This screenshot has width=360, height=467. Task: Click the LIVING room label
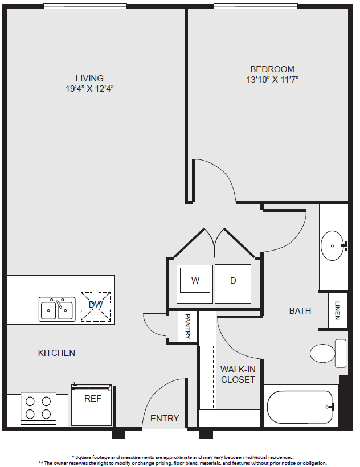coord(89,79)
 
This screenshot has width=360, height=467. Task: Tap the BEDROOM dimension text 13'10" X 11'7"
coord(272,80)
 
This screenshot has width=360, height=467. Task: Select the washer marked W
coord(195,284)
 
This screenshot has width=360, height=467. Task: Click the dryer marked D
coord(233,284)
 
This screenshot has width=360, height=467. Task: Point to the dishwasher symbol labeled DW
coord(96,307)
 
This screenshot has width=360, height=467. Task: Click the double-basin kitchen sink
coord(57,309)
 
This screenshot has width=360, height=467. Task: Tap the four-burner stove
coord(38,408)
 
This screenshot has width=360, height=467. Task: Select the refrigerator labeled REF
coord(92,405)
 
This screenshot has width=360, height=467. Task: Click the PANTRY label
coord(187,326)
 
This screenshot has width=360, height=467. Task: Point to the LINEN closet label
coord(337,310)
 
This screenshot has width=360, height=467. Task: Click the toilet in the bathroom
coord(328,353)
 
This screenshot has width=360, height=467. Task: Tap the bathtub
coord(300,407)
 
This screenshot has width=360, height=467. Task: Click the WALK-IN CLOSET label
coord(238,374)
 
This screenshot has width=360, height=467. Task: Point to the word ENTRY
coord(165,419)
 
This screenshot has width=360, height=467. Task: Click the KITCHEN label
coord(56,353)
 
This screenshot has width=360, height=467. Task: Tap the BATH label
coord(300,310)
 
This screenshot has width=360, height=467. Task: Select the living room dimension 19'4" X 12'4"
coord(89,89)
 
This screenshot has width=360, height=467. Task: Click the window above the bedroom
coord(256,6)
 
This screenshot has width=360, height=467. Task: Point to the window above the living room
coord(85,6)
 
